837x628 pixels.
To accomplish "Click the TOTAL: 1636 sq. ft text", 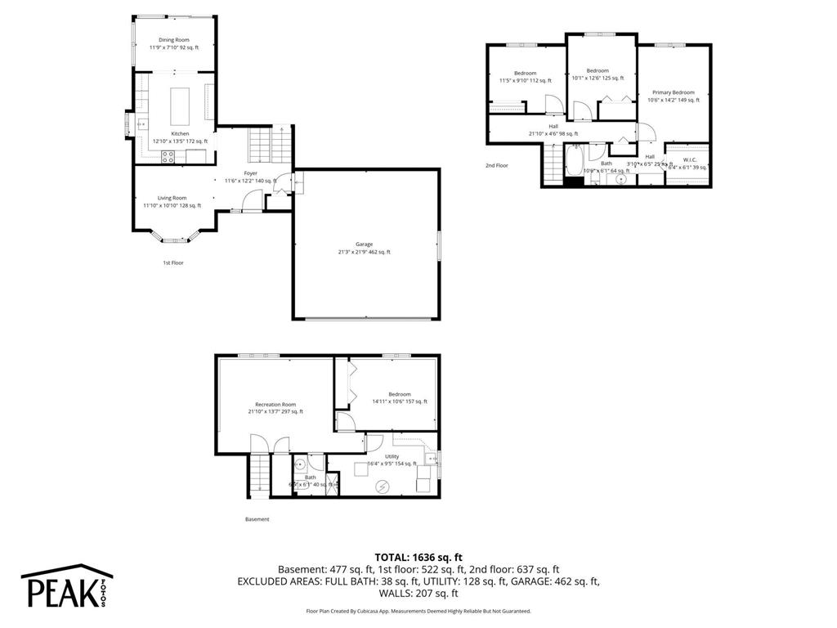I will (418, 555).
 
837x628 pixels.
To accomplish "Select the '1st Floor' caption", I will (172, 262).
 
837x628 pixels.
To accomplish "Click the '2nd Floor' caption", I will (497, 165).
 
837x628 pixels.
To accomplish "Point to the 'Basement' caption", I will (257, 519).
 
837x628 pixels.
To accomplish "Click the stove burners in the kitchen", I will (168, 157).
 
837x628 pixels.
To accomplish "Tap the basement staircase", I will (257, 477).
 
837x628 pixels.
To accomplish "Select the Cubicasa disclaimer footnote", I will (418, 611).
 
